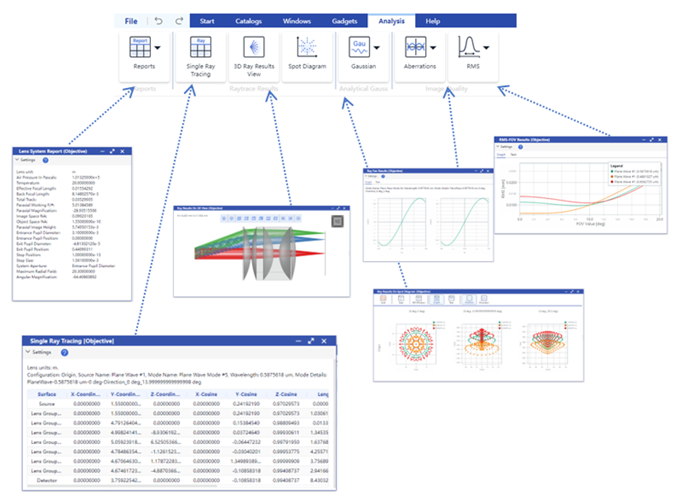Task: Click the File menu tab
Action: (x=131, y=21)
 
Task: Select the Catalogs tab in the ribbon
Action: (x=248, y=21)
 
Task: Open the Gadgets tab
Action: (x=344, y=21)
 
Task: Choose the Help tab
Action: (x=433, y=21)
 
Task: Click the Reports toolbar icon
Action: (x=140, y=48)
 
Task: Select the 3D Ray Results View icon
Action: (x=254, y=48)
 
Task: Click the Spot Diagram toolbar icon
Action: (x=307, y=48)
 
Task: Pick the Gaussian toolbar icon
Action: (x=358, y=48)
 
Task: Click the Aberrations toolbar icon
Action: (x=415, y=48)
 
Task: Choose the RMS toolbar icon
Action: (x=468, y=48)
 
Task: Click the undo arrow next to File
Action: (x=158, y=21)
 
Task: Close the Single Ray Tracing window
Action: (x=324, y=341)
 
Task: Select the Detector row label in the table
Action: (x=47, y=481)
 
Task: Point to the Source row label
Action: (x=47, y=404)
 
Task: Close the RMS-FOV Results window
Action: (x=660, y=139)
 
